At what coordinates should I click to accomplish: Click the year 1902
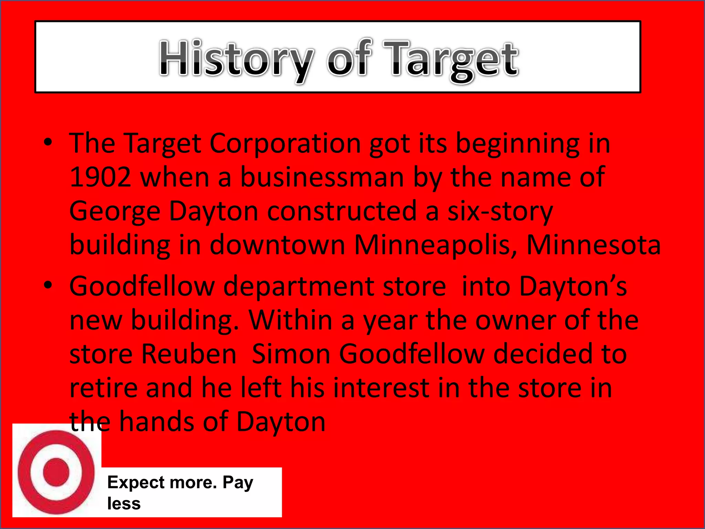pos(100,177)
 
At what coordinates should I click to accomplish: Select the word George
pos(115,211)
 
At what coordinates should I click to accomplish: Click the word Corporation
pos(285,143)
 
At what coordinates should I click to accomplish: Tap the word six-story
pos(500,211)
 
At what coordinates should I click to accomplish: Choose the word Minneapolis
pos(435,245)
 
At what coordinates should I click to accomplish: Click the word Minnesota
pos(593,245)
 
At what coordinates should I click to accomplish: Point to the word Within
pos(291,320)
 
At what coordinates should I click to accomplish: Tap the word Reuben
pos(189,354)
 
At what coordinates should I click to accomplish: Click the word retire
pos(103,388)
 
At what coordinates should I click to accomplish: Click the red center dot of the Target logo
pos(56,472)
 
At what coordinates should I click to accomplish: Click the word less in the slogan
pos(124,504)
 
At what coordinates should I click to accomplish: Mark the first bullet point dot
pos(48,142)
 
